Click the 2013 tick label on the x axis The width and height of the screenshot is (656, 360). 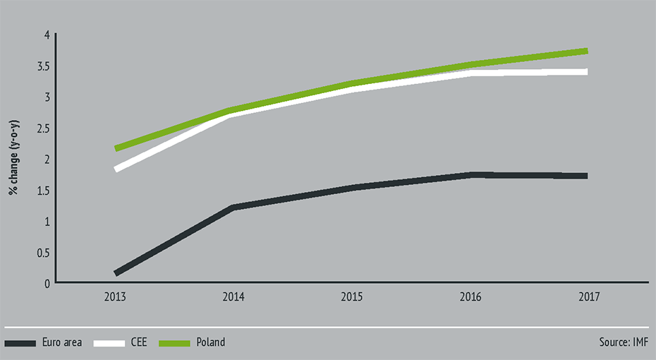click(x=115, y=297)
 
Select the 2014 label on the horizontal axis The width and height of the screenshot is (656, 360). click(x=233, y=297)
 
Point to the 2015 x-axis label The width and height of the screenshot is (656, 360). click(x=351, y=297)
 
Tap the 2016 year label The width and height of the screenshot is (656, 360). click(x=470, y=297)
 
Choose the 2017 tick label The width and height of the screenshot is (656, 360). click(x=588, y=297)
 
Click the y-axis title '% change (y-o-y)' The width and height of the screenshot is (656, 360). click(x=13, y=159)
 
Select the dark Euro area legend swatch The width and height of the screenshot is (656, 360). click(x=29, y=343)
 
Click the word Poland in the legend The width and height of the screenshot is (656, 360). click(x=211, y=342)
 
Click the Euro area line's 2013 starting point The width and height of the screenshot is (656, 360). click(x=116, y=272)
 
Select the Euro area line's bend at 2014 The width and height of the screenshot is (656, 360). click(x=233, y=208)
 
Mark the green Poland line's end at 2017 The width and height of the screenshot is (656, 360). click(x=586, y=51)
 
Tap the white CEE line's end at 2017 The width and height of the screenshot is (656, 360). click(x=586, y=71)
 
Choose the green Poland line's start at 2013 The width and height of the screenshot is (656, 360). click(x=116, y=148)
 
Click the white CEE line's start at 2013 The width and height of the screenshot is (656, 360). click(x=116, y=169)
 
